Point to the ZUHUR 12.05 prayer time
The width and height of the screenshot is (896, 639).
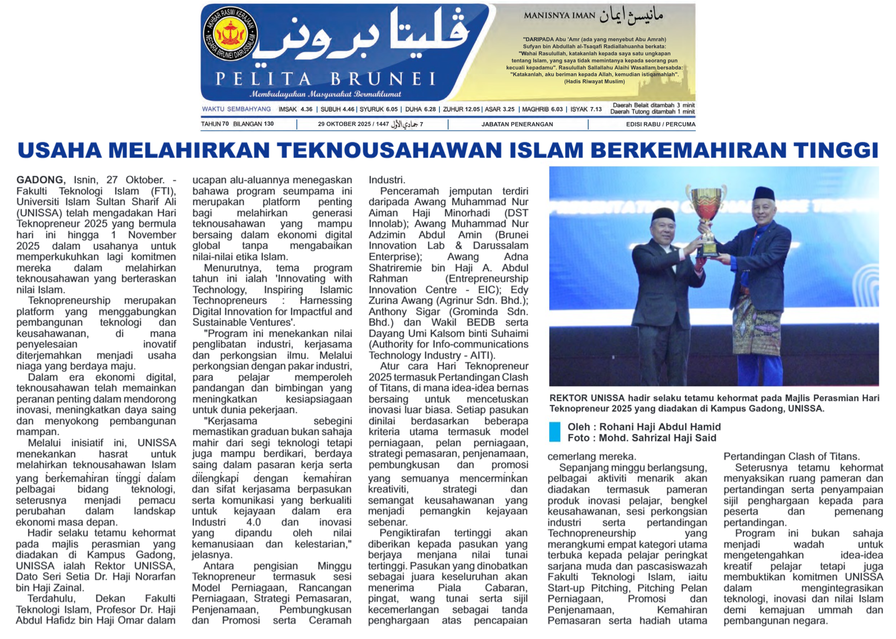461,109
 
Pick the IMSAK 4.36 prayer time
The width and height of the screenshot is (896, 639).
295,109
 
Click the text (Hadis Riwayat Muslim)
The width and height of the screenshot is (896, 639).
594,82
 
